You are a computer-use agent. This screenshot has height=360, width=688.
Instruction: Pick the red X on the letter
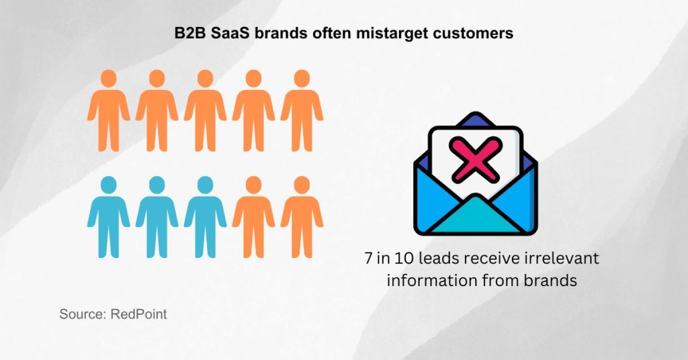tap(476, 159)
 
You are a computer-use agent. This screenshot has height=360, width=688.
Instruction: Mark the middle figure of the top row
tap(205, 111)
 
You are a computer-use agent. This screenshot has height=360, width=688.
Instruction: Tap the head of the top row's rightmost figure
tap(302, 78)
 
